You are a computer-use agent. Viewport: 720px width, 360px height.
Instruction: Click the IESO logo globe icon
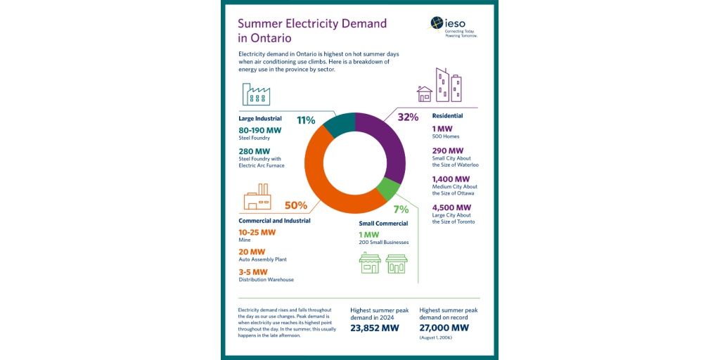(438, 23)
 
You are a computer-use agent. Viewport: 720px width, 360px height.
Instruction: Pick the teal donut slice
(338, 124)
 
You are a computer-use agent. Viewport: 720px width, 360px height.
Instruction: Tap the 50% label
(296, 205)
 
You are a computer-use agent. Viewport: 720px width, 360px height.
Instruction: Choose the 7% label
(401, 210)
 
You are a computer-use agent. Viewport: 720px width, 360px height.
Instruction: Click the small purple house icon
(424, 94)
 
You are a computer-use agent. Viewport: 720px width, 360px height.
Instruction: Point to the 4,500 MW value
(451, 207)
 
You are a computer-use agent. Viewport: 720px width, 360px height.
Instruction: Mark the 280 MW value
(254, 151)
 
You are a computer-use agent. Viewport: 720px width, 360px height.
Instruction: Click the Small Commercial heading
(384, 224)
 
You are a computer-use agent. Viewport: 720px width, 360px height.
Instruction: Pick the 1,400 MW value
(451, 179)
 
